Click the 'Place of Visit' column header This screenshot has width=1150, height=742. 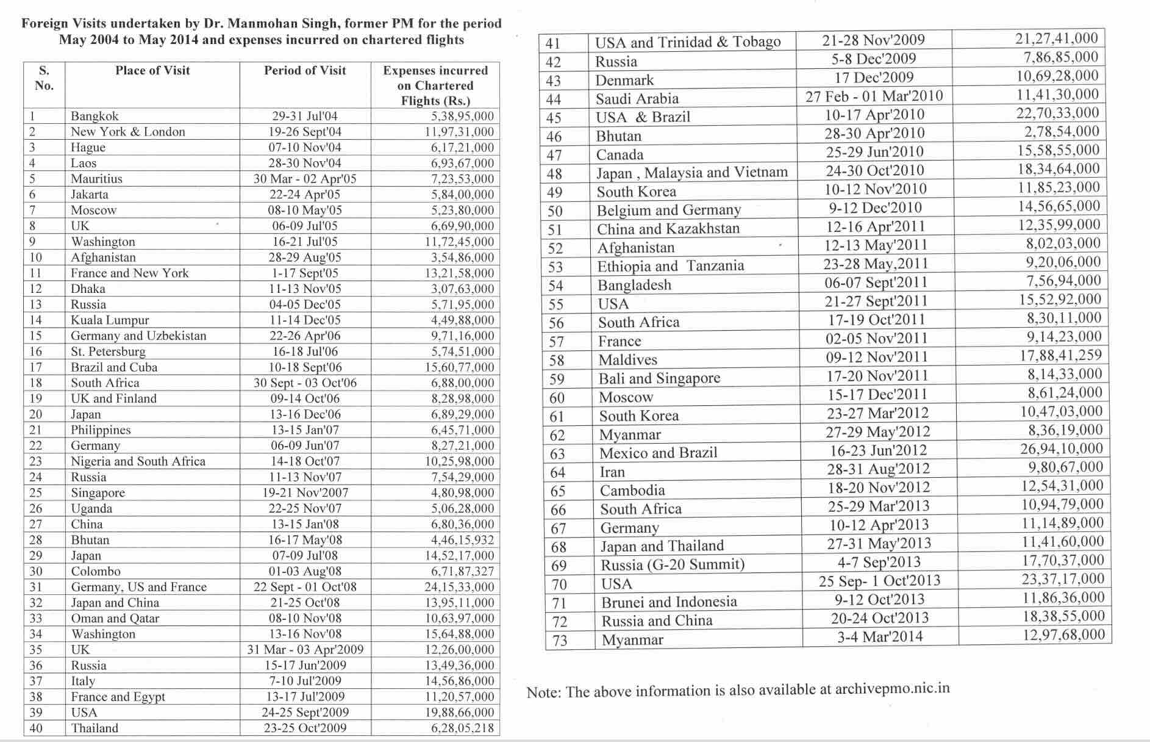pos(152,71)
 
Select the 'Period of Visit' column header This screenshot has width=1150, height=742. pos(305,71)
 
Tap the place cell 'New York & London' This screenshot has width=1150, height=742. pos(128,132)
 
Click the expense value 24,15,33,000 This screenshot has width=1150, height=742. pos(459,587)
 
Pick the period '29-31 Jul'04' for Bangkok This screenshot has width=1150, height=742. pos(305,117)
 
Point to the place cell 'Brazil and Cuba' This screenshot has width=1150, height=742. pos(114,367)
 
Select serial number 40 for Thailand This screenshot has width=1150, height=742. pos(36,728)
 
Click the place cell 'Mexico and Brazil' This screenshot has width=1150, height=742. pos(659,453)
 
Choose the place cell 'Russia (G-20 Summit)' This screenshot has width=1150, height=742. pos(673,564)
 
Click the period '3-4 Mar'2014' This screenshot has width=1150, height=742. pos(880,637)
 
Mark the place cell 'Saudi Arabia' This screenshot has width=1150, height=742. pos(637,99)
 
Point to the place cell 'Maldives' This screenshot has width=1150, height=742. pos(628,360)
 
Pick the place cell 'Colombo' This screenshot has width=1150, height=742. pos(96,571)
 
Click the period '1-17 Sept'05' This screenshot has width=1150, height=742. pos(305,273)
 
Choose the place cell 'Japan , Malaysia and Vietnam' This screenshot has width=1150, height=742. pos(692,173)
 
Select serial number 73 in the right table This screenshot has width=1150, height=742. pos(560,640)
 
